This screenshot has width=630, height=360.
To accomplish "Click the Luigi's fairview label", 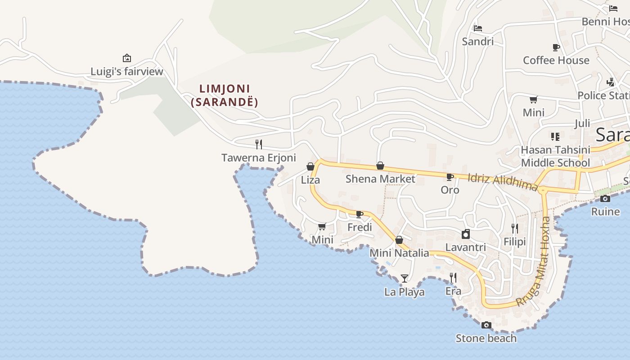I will tap(127, 72).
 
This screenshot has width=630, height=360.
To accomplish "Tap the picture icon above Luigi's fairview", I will tap(127, 58).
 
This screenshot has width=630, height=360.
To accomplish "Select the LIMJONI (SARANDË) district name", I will tap(225, 95).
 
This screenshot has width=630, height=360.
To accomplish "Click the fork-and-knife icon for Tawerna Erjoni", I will tap(259, 144).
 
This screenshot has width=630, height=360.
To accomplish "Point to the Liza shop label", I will tap(310, 180).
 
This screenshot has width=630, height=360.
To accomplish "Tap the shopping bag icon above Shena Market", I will tap(380, 166).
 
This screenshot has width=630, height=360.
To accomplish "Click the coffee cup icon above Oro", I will tap(450, 177).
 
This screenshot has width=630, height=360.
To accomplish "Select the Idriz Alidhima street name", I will tap(503, 181).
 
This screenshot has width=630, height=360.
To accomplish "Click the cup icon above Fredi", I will tap(360, 214).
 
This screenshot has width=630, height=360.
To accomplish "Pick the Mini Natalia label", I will tap(399, 253).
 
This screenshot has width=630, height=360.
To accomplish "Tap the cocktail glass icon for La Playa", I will tap(405, 279).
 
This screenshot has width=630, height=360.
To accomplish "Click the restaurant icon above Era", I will tap(453, 278).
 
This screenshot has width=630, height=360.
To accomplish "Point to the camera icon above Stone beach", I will tap(486, 325).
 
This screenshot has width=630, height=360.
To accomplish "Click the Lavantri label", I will tap(466, 247).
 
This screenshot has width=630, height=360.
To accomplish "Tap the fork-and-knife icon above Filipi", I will tap(515, 229).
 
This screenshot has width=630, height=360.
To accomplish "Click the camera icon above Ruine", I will tap(605, 198).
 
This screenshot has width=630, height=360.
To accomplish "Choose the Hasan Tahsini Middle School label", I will tap(555, 156).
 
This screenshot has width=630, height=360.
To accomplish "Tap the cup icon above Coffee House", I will tap(556, 47).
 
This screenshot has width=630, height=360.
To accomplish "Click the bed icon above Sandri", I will tap(478, 28).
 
